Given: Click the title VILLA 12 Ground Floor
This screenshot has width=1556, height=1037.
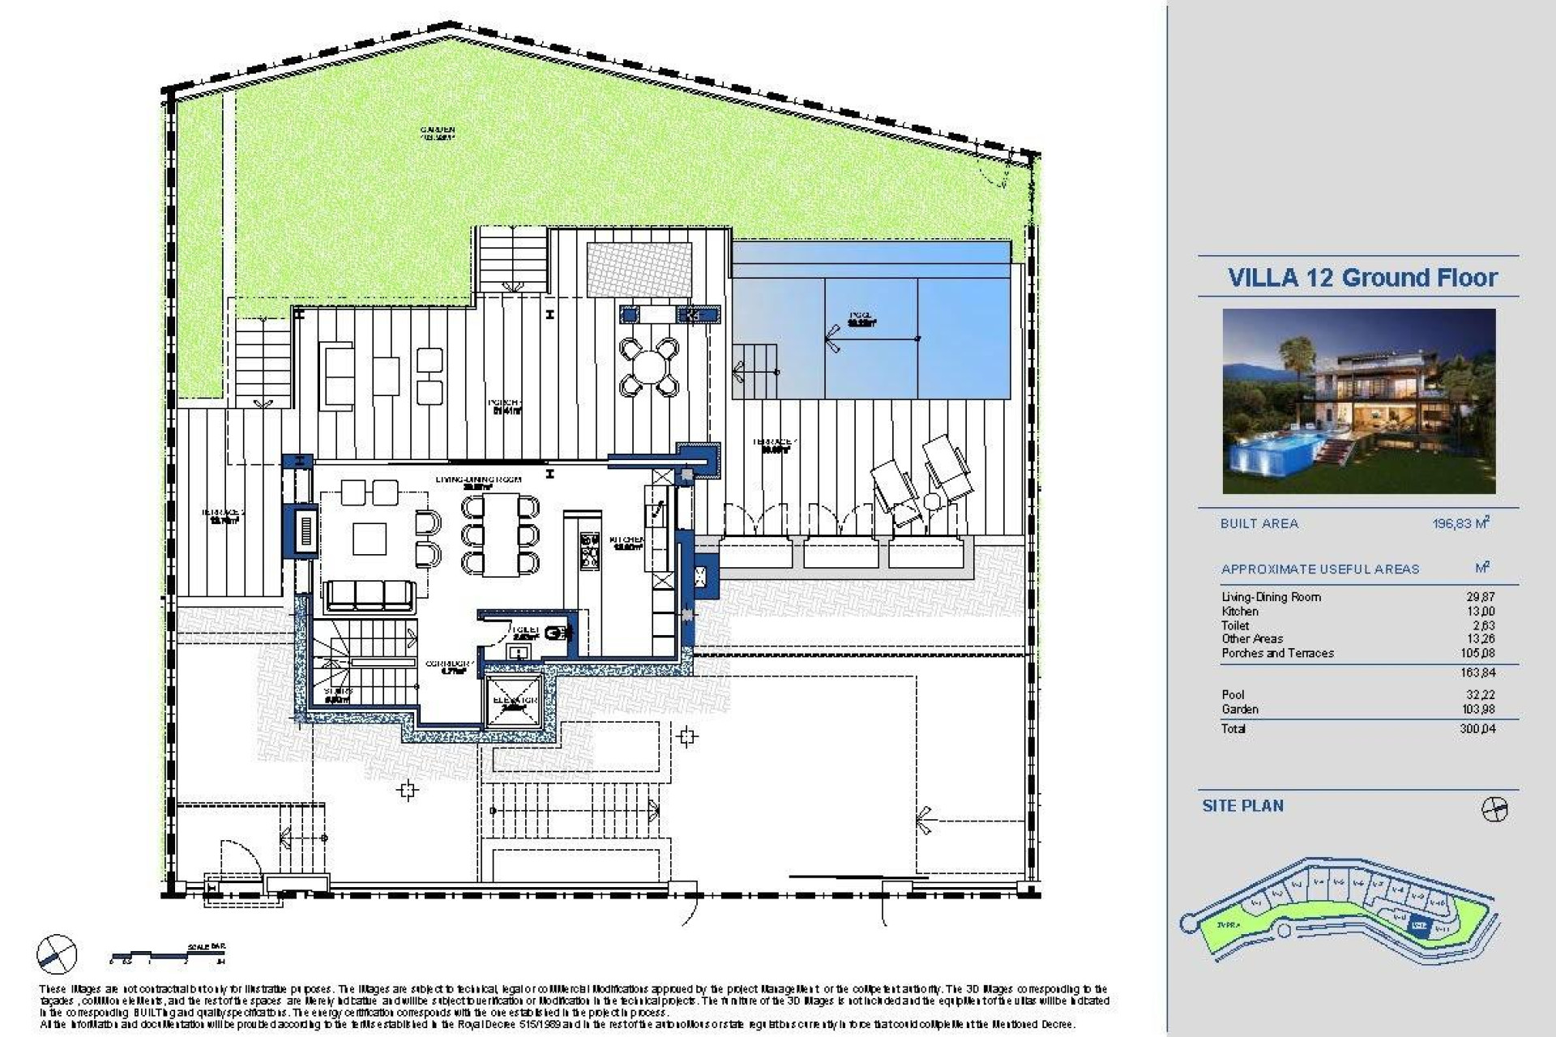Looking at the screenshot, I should (x=1362, y=278).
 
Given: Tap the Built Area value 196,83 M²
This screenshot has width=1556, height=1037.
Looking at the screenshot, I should (x=1460, y=523).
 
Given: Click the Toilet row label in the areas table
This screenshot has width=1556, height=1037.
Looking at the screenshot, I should (x=1235, y=625).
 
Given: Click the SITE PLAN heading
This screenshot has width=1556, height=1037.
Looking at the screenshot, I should (x=1242, y=806).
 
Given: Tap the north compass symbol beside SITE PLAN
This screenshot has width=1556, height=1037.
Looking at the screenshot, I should (x=1494, y=809).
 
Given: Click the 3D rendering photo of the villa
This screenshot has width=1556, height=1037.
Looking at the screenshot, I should (x=1358, y=401).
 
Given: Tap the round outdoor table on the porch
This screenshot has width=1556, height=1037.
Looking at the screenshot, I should (x=648, y=367).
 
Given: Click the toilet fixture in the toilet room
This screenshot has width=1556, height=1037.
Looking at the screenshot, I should (x=555, y=634).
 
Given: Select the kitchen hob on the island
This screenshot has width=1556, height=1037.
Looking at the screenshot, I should (x=586, y=550).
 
